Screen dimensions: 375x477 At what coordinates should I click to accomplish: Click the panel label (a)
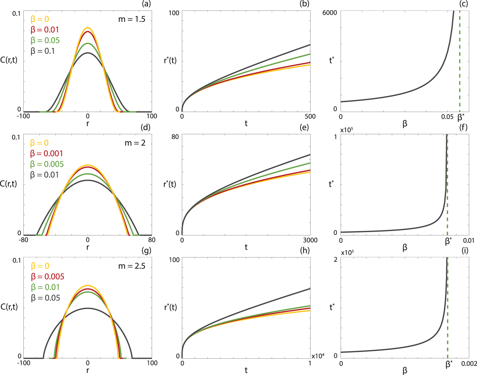click(146, 4)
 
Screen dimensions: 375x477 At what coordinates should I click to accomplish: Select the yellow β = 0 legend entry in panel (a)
click(40, 19)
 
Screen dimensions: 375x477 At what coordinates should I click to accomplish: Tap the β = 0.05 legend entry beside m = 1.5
click(45, 40)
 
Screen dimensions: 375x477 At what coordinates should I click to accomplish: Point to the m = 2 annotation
click(135, 143)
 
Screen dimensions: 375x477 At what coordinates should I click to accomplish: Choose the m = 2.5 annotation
click(132, 266)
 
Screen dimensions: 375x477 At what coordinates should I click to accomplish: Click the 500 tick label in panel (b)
click(310, 116)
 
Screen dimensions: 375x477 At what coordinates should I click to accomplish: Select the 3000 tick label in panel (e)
click(310, 240)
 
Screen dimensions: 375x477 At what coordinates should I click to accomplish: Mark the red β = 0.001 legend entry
click(46, 153)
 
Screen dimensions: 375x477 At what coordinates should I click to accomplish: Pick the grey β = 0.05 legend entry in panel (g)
click(46, 298)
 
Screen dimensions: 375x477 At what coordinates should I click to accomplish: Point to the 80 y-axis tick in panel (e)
click(175, 136)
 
